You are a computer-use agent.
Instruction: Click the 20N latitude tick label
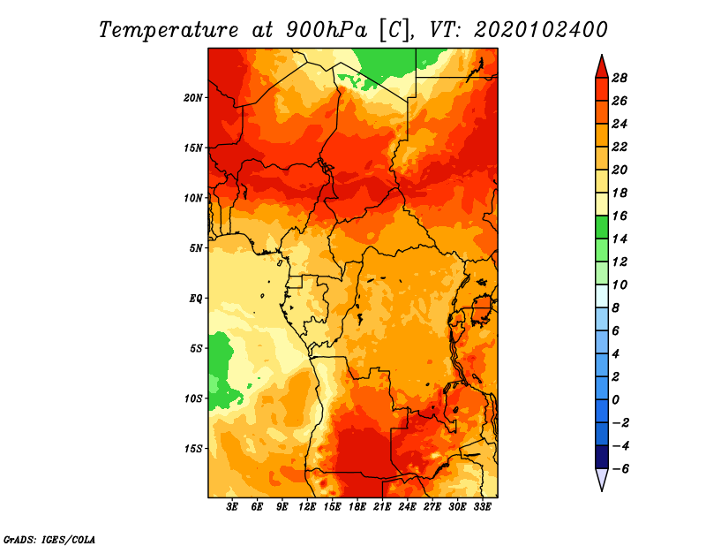[x=193, y=98]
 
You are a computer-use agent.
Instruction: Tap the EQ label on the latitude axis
[x=196, y=299]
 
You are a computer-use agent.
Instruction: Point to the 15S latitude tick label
[x=193, y=449]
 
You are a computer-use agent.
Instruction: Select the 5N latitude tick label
[x=196, y=248]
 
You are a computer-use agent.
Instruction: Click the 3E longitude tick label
[x=232, y=507]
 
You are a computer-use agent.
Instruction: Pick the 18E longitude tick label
[x=357, y=507]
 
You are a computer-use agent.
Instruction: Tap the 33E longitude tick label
[x=482, y=507]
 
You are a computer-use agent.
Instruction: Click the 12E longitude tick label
[x=307, y=507]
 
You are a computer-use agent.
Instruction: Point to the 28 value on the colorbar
[x=620, y=78]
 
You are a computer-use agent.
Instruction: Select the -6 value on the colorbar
[x=620, y=469]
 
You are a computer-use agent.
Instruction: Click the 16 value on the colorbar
[x=620, y=216]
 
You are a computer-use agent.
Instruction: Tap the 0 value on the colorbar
[x=615, y=400]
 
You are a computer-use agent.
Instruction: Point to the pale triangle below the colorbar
[x=602, y=478]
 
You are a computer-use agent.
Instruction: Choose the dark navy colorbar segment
[x=602, y=457]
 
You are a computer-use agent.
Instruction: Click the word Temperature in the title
[x=169, y=30]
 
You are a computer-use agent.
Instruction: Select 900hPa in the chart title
[x=327, y=30]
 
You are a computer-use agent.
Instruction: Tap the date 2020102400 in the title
[x=540, y=30]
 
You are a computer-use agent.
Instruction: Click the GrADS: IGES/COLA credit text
[x=49, y=539]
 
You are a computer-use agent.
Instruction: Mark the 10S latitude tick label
[x=193, y=398]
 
